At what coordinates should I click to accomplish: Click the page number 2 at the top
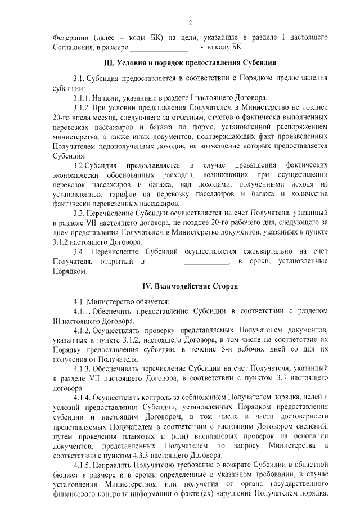point(190,22)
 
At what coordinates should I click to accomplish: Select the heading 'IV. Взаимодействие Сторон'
point(190,286)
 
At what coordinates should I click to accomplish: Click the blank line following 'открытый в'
point(191,262)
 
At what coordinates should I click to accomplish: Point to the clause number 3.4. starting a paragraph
point(79,251)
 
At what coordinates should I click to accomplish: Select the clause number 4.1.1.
point(82,312)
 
